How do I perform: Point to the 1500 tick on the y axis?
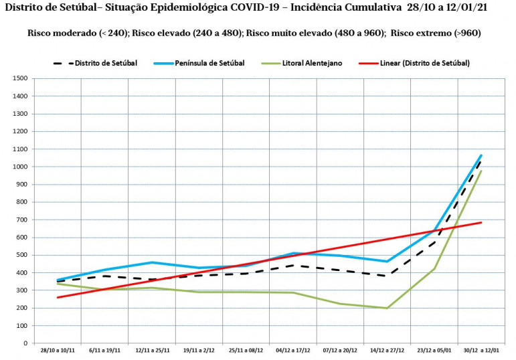click(x=20, y=79)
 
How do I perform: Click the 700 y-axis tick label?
click(x=22, y=219)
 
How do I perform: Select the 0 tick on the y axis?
click(x=25, y=343)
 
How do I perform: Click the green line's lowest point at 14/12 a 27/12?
click(x=387, y=308)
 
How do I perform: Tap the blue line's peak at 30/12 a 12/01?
click(x=481, y=155)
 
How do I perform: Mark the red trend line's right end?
click(x=481, y=222)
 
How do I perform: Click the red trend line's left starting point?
click(x=58, y=297)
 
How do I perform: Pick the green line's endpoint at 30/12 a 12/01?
click(x=481, y=171)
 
